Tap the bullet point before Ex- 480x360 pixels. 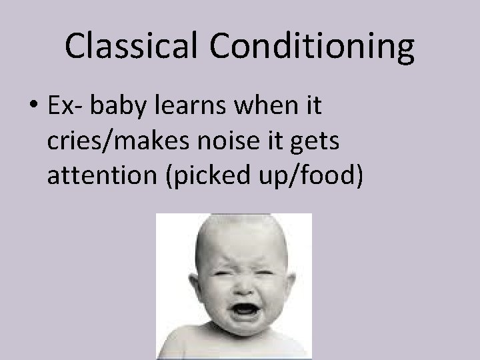tap(34, 106)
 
